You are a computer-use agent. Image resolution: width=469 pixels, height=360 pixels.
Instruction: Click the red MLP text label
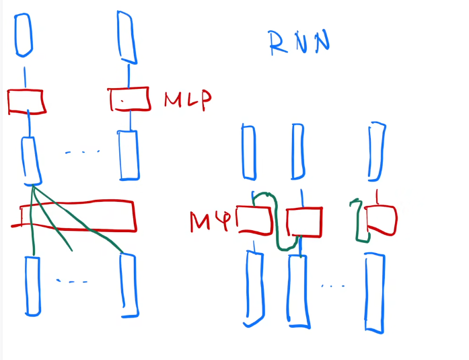(x=188, y=99)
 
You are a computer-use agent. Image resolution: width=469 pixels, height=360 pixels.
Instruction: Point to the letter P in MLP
(x=203, y=99)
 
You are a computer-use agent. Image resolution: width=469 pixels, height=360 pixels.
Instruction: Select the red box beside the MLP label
(x=129, y=99)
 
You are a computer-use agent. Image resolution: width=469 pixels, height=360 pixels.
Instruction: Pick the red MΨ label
(x=210, y=221)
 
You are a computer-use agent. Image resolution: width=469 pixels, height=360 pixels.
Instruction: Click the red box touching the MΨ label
(x=254, y=219)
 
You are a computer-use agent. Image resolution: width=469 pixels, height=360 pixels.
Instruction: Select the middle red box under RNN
(x=304, y=221)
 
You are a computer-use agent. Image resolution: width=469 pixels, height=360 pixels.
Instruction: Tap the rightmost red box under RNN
(x=381, y=220)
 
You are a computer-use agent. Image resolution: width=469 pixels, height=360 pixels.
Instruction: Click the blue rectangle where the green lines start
(x=30, y=160)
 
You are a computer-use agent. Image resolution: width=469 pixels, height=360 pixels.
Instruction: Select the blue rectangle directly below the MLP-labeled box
(x=129, y=155)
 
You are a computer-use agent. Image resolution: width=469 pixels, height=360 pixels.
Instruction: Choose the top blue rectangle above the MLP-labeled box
(x=124, y=35)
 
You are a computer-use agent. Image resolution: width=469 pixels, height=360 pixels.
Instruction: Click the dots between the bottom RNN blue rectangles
(x=333, y=287)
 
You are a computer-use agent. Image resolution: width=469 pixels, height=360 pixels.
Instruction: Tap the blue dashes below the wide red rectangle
(x=72, y=281)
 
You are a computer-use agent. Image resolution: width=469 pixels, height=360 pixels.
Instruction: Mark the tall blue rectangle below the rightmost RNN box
(x=374, y=292)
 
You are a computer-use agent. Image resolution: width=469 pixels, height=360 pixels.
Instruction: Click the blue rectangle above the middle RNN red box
(x=298, y=153)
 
